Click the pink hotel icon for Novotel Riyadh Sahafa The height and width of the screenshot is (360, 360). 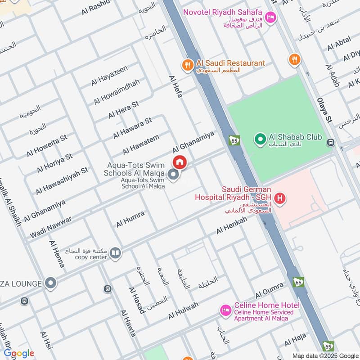click(x=270, y=18)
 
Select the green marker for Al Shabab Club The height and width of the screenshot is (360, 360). click(x=260, y=140)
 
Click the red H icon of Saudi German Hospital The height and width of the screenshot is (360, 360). click(x=281, y=198)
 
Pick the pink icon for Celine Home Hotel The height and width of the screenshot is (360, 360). click(x=225, y=310)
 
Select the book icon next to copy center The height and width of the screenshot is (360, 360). click(x=116, y=254)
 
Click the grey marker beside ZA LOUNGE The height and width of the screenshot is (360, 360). click(x=51, y=283)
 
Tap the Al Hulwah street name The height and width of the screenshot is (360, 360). click(x=183, y=310)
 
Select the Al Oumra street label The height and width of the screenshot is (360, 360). click(x=270, y=290)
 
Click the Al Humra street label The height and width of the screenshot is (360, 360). click(x=130, y=219)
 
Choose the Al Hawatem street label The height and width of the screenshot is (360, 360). click(x=141, y=145)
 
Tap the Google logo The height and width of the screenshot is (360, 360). click(x=19, y=353)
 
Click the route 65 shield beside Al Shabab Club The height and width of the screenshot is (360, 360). click(x=234, y=140)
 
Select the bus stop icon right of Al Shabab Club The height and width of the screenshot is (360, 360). click(x=331, y=143)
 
